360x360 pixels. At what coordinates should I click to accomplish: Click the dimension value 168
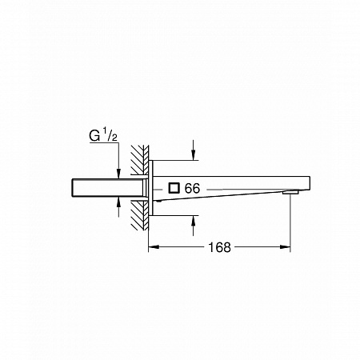click(219, 247)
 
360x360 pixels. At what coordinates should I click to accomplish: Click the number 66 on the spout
click(192, 189)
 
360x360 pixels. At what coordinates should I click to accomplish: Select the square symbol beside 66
click(174, 188)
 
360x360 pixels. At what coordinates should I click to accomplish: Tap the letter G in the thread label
click(95, 136)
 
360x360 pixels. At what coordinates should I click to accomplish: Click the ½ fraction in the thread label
click(110, 134)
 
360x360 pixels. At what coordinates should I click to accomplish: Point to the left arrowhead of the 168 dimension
click(154, 247)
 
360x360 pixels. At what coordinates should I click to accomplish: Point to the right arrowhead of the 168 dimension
click(285, 247)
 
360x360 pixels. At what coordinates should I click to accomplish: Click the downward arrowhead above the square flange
click(194, 155)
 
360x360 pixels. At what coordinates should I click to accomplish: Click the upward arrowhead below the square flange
click(194, 221)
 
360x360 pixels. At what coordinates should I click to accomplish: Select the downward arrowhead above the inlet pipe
click(118, 174)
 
